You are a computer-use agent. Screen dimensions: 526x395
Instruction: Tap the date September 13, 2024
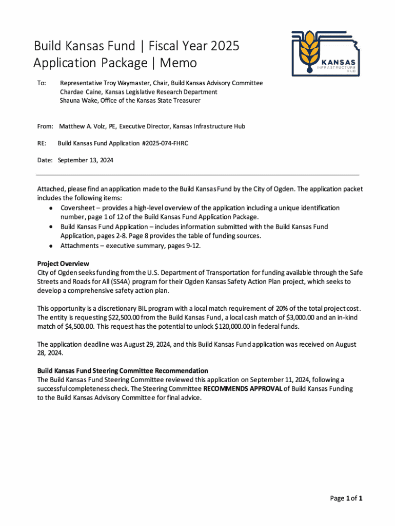coord(86,160)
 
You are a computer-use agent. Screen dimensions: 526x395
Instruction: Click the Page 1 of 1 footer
coord(347,498)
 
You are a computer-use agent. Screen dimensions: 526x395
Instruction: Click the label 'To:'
coord(42,83)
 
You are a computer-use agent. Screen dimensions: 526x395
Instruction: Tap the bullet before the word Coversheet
coord(52,209)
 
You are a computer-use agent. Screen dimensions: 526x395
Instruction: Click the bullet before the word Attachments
coord(52,246)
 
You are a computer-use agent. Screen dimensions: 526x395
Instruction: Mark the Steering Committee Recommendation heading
coord(123,370)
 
